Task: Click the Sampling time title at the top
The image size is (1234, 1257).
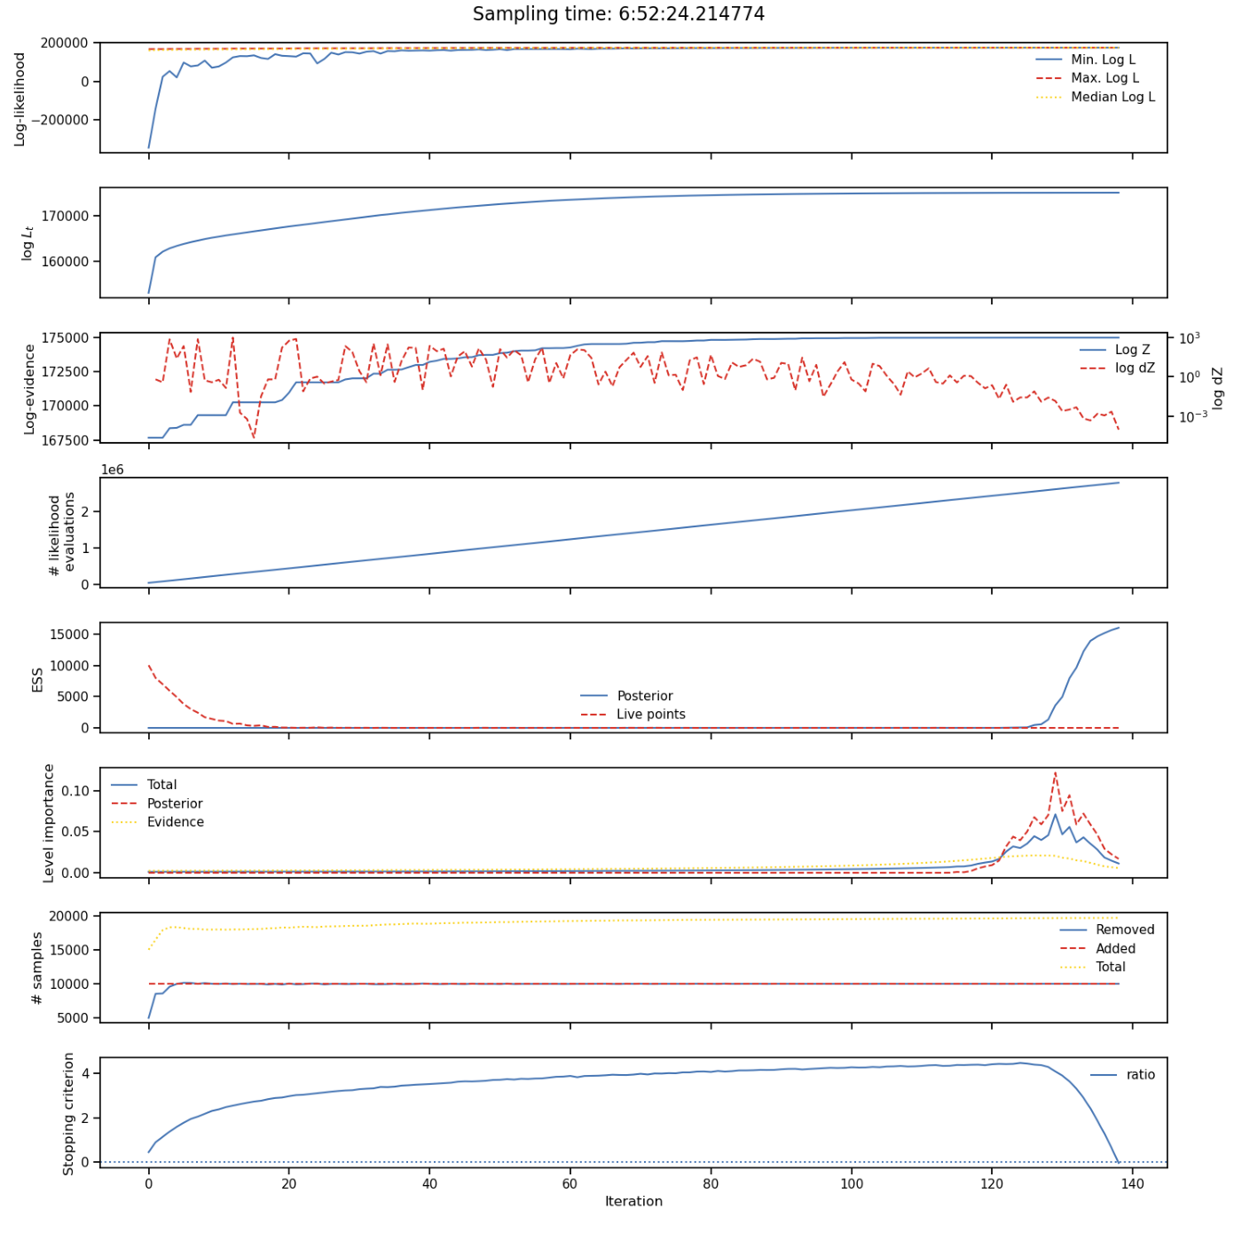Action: (618, 14)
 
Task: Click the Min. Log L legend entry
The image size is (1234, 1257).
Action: (1103, 59)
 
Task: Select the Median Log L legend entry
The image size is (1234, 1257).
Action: (1112, 97)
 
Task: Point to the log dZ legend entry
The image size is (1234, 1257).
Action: (1135, 368)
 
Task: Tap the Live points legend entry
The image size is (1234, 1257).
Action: (650, 715)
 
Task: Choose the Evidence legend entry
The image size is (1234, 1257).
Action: (175, 822)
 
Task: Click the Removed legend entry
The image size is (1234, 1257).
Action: (1124, 929)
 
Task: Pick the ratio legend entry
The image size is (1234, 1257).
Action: (1140, 1075)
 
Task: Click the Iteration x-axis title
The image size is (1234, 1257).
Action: (633, 1201)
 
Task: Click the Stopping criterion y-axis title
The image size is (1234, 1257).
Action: (69, 1114)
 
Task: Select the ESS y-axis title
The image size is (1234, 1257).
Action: (37, 680)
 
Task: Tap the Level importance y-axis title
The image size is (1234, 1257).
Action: (50, 823)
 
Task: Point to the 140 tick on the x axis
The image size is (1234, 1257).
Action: (1133, 1183)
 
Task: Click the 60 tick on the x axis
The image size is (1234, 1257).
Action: (570, 1183)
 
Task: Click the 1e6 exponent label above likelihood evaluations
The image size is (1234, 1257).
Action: (112, 470)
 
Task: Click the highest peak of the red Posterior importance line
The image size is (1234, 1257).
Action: (1055, 772)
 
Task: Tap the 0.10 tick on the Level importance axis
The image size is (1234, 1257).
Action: (75, 791)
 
